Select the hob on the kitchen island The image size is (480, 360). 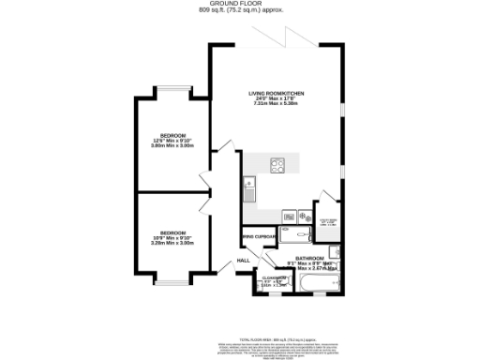pos(277,165)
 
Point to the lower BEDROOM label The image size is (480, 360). pos(172,232)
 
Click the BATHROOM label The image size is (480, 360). pos(309,258)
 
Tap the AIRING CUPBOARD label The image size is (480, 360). pos(259,239)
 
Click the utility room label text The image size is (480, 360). pos(329,221)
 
